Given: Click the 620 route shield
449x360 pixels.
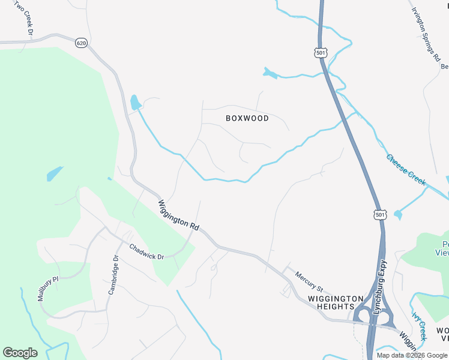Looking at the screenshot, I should [x=82, y=43].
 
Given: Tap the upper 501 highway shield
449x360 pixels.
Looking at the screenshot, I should [x=320, y=53].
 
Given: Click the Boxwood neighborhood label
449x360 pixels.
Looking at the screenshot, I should [x=247, y=118].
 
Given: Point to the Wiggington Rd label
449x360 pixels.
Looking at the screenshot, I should [x=178, y=216].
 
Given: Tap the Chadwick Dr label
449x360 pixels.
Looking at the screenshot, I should [x=146, y=251].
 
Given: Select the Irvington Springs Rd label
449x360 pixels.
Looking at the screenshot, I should [x=426, y=34].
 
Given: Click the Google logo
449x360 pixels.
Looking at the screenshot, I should [x=20, y=353].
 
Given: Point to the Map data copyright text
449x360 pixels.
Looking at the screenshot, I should [x=411, y=355].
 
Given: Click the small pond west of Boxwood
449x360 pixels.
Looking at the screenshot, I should [x=135, y=102].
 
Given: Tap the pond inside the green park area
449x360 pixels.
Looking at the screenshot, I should [x=54, y=174].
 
